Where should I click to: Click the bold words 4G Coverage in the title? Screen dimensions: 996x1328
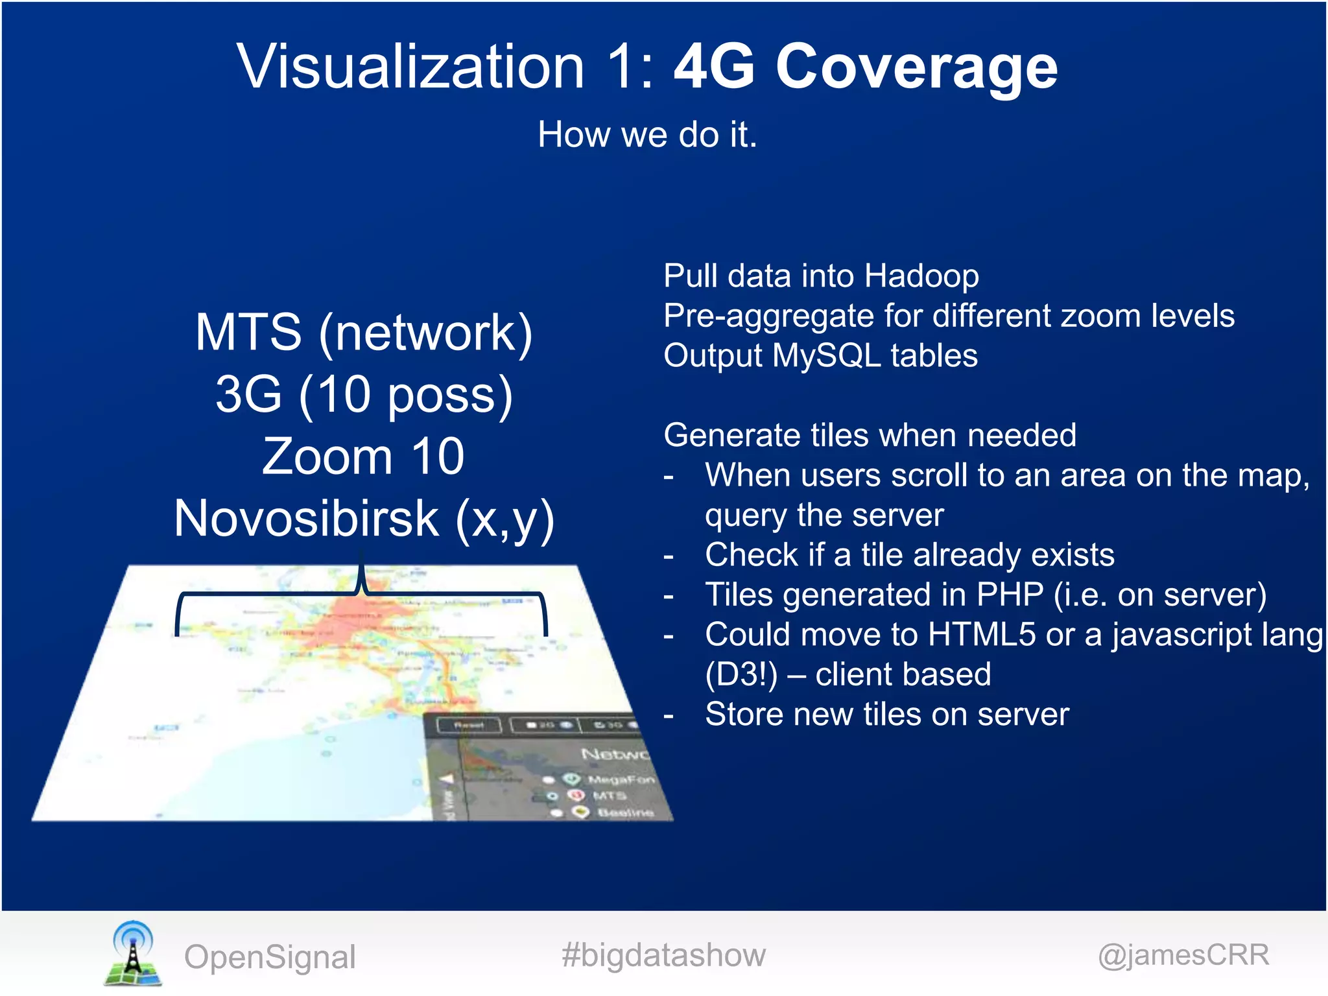point(865,66)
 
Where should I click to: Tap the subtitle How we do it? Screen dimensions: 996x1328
point(647,135)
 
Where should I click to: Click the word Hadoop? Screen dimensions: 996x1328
point(921,276)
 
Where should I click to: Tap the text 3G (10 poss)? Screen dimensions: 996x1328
point(364,394)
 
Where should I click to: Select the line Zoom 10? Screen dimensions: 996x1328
point(363,456)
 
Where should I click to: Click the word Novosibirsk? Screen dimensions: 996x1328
point(307,519)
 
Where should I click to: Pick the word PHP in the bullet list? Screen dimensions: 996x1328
point(1010,595)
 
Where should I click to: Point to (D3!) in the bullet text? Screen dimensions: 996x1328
point(741,674)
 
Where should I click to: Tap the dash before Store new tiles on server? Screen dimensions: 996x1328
point(669,716)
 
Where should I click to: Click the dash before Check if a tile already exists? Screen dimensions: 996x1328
point(669,556)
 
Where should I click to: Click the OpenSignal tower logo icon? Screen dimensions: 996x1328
point(132,953)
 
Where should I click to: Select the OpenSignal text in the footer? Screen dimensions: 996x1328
point(270,957)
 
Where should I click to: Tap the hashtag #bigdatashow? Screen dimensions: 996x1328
point(663,955)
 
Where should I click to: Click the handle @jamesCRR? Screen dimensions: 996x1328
point(1183,955)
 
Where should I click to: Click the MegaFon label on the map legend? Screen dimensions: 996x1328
point(621,779)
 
